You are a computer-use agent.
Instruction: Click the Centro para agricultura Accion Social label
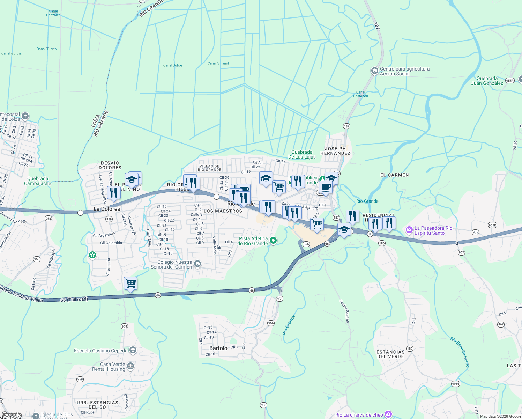(404, 71)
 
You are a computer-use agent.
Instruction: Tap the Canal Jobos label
(173, 65)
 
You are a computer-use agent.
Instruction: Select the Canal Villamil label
(218, 63)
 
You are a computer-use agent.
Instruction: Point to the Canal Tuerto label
(46, 49)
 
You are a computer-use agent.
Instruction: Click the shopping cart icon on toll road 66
(130, 284)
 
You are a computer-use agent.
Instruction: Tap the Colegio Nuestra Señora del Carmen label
(174, 264)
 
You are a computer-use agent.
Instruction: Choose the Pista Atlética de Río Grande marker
(274, 240)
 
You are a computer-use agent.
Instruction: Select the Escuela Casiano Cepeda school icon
(133, 350)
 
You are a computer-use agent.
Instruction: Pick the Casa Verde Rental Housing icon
(130, 366)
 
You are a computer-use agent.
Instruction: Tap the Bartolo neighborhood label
(218, 348)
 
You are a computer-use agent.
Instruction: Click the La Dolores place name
(107, 209)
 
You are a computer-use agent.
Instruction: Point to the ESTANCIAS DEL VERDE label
(390, 354)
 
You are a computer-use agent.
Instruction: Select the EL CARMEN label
(394, 175)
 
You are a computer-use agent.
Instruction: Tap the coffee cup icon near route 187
(326, 187)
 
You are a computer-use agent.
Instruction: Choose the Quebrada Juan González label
(487, 81)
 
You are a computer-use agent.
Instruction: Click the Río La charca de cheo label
(359, 415)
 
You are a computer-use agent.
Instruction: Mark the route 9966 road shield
(456, 384)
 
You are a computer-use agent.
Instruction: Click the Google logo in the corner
(12, 415)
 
